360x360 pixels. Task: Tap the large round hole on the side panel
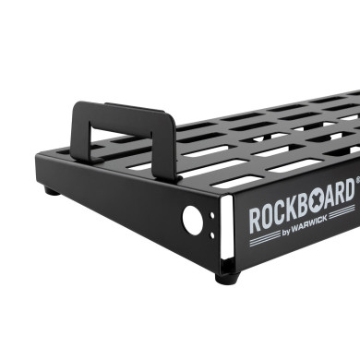[193, 220]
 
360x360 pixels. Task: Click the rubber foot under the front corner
[227, 274]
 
